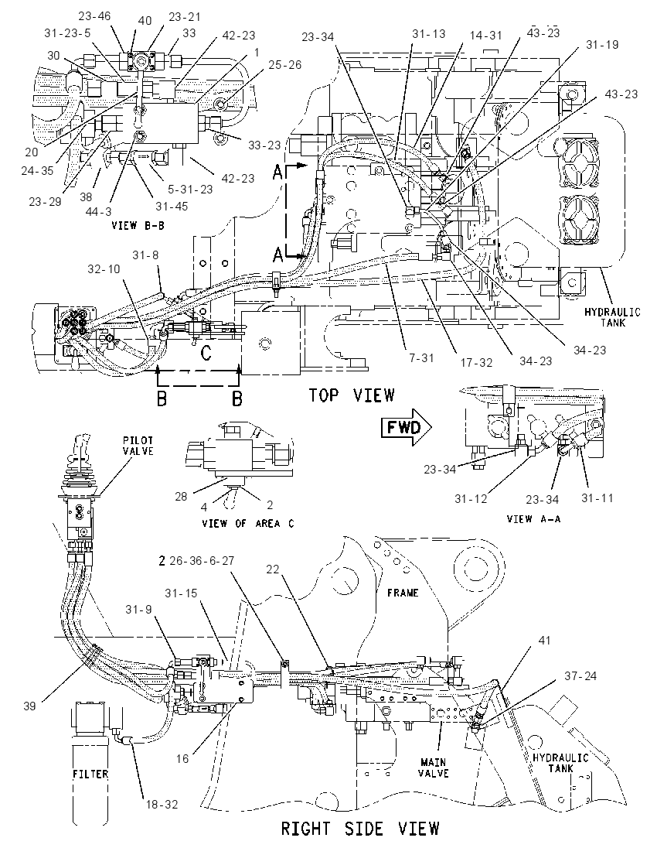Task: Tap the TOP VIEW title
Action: (352, 395)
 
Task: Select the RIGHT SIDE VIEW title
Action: (360, 828)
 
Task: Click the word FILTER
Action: (90, 774)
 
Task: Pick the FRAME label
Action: (403, 593)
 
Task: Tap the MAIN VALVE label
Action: (434, 768)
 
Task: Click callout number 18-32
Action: (162, 804)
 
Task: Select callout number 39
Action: (30, 705)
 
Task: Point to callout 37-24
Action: (580, 675)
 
